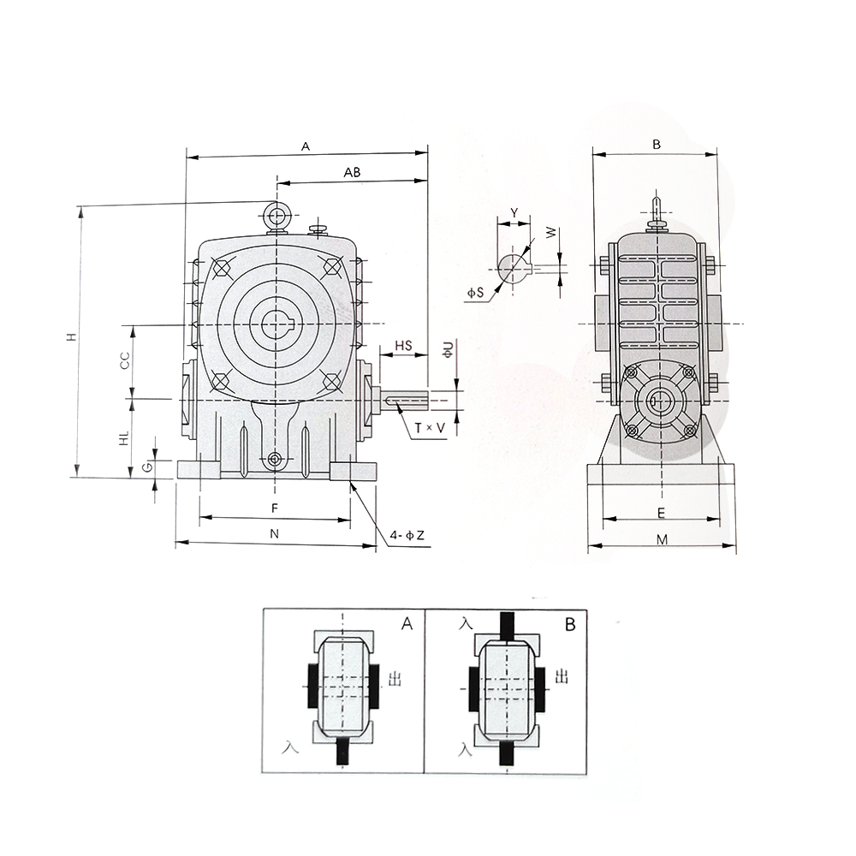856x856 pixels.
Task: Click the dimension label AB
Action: pyautogui.click(x=352, y=172)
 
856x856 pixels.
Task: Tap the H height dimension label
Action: pyautogui.click(x=70, y=336)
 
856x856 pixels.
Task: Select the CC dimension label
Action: pyautogui.click(x=125, y=360)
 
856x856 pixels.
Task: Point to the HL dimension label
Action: pyautogui.click(x=125, y=437)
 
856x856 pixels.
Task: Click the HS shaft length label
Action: pyautogui.click(x=403, y=346)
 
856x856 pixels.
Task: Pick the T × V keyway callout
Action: pyautogui.click(x=429, y=429)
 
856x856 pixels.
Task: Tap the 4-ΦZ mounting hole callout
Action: pyautogui.click(x=407, y=536)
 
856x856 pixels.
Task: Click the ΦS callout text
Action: pyautogui.click(x=475, y=293)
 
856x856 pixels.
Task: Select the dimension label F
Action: pyautogui.click(x=275, y=508)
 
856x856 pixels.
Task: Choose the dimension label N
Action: pyautogui.click(x=275, y=533)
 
